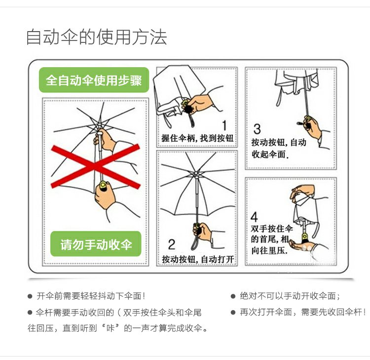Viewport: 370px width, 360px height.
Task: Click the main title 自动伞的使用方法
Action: point(96,38)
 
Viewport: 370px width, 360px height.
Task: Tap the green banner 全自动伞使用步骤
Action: point(94,80)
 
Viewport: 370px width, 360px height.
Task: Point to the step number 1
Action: point(224,126)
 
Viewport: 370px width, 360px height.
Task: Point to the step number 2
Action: point(171,244)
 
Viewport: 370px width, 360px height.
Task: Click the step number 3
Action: point(257,129)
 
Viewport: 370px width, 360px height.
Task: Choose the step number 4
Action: point(254,216)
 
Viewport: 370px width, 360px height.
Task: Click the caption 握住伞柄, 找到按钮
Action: point(197,139)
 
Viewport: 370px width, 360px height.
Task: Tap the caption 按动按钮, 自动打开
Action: point(197,259)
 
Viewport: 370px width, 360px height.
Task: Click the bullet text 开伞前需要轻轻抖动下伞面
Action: point(91,296)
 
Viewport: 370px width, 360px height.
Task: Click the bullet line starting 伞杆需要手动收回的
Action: point(118,312)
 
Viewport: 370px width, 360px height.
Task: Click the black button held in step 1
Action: point(187,105)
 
